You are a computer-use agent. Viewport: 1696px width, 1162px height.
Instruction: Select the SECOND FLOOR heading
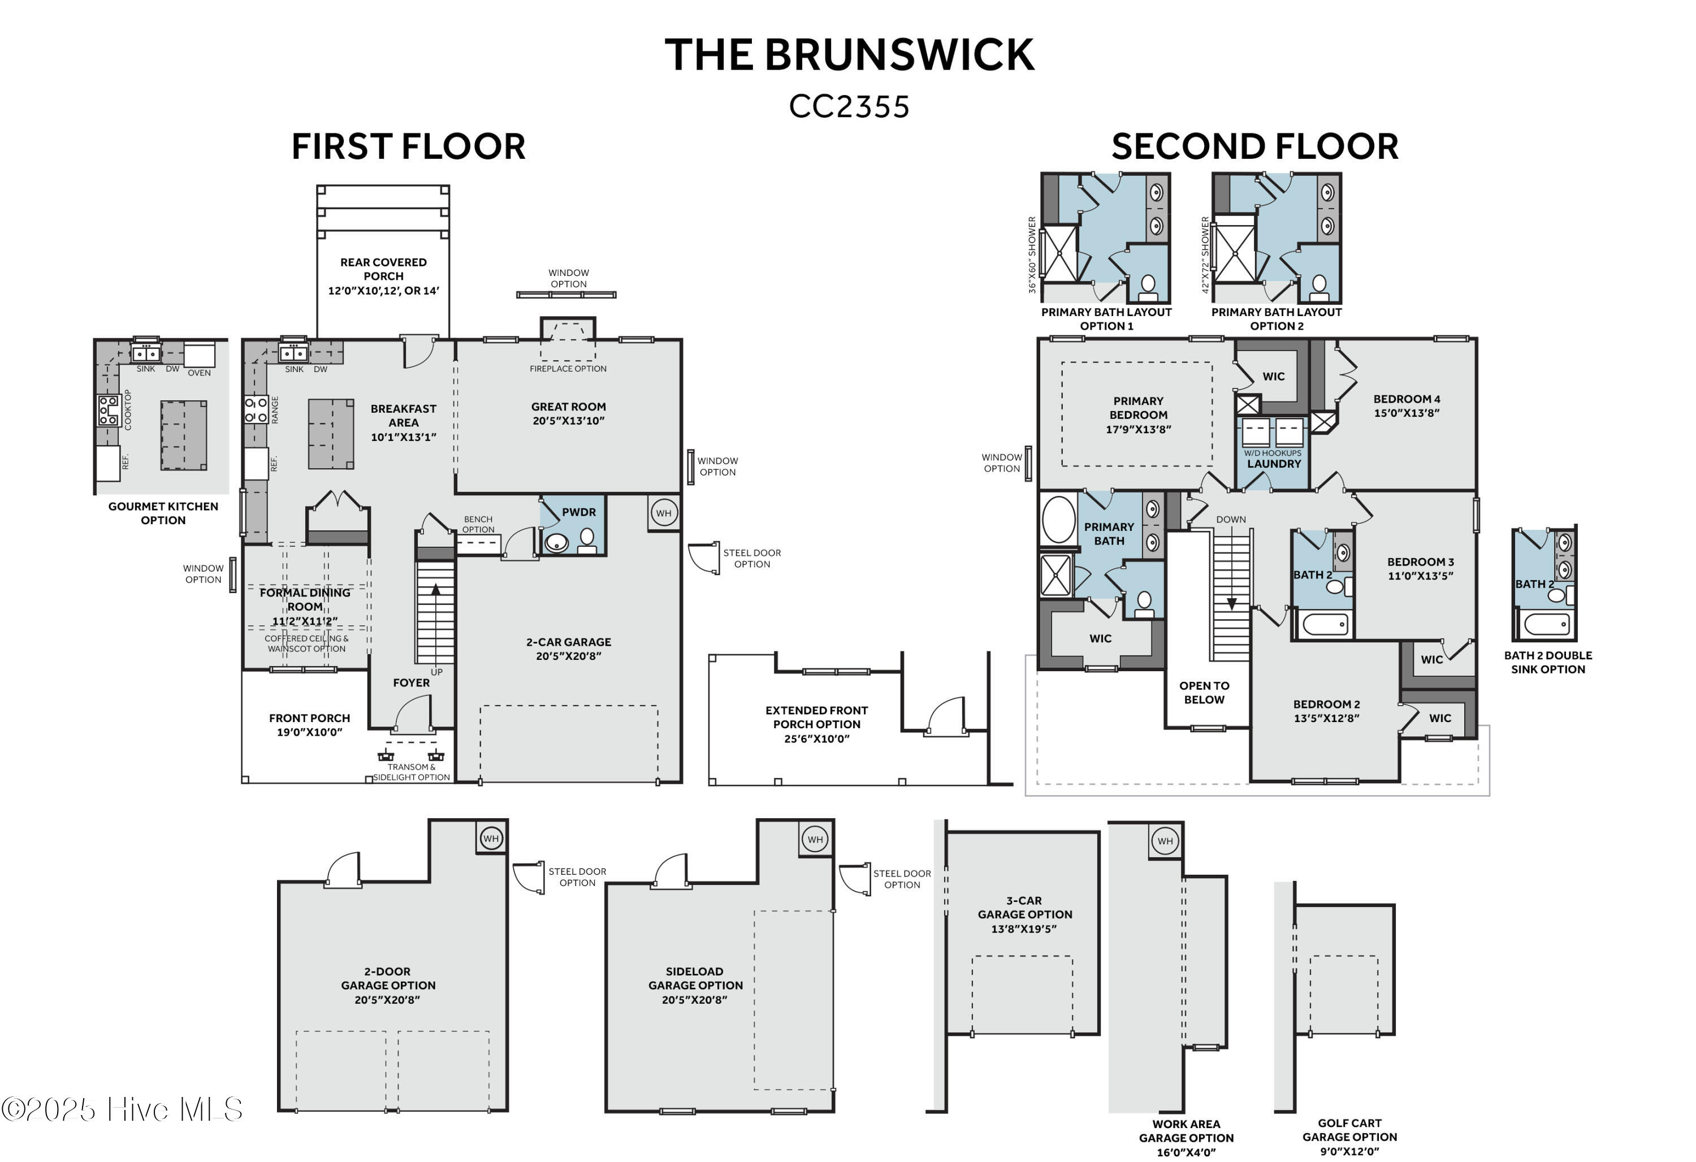tap(1254, 146)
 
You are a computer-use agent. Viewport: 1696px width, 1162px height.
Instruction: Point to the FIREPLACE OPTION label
tap(568, 369)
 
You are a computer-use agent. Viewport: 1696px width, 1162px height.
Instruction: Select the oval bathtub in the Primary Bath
tap(1058, 520)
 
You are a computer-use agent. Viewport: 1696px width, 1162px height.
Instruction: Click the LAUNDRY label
tap(1274, 464)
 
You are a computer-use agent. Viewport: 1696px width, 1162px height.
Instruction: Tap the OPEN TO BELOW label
tap(1204, 693)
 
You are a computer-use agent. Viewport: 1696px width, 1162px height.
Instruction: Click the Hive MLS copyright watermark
tap(122, 1109)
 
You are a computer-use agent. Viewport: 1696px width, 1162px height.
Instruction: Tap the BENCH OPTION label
tap(478, 524)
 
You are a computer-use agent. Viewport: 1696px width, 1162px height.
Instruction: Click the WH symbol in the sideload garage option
tap(815, 839)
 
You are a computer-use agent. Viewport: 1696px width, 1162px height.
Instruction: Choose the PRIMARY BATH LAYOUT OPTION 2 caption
tap(1277, 319)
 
